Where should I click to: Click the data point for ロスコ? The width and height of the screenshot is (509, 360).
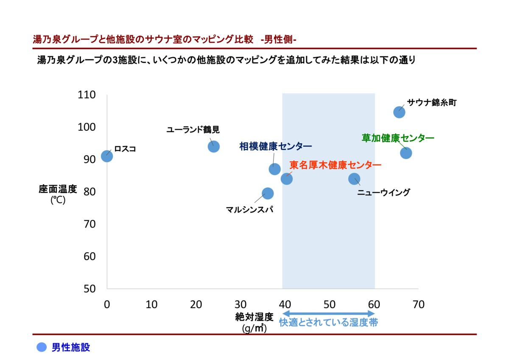107,156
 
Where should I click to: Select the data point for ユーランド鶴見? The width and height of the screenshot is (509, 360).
214,146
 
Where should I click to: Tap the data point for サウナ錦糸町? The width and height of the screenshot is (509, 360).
399,112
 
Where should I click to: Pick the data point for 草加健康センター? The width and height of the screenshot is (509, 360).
406,153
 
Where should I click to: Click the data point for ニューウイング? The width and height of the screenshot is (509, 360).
354,179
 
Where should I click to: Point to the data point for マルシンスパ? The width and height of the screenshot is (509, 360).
267,194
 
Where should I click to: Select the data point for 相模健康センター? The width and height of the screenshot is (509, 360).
275,169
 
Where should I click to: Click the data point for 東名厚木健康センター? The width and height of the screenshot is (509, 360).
287,179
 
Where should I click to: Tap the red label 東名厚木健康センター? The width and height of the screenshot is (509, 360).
335,165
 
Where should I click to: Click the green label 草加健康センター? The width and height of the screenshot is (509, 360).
397,138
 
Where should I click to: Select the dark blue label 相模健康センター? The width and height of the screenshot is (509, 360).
275,146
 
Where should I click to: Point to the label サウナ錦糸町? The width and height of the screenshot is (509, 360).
431,102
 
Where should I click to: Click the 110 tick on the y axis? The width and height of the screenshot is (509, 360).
87,95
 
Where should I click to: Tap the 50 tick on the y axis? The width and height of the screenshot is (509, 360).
89,289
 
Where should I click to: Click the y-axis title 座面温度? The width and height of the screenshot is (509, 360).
58,189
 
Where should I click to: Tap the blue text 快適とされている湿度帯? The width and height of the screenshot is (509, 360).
328,322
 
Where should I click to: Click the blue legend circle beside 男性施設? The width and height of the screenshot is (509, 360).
42,347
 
